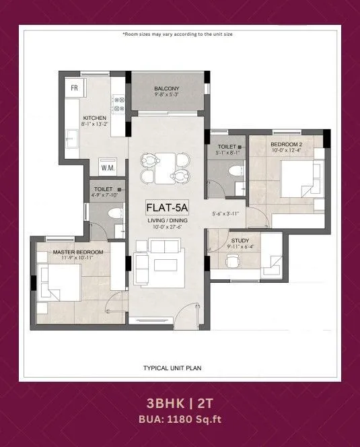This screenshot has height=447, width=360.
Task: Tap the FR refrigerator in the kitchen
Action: pyautogui.click(x=75, y=88)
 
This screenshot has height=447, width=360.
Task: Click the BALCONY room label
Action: pyautogui.click(x=166, y=89)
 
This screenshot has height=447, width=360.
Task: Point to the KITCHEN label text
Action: pyautogui.click(x=94, y=118)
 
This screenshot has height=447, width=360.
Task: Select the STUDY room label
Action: pyautogui.click(x=240, y=240)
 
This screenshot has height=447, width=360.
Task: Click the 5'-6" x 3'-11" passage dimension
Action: pyautogui.click(x=225, y=214)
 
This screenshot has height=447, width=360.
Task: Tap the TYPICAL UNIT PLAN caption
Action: pyautogui.click(x=172, y=368)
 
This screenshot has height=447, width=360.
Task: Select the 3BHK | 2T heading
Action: pyautogui.click(x=180, y=403)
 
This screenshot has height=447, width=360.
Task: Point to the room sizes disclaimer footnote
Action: pyautogui.click(x=178, y=34)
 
